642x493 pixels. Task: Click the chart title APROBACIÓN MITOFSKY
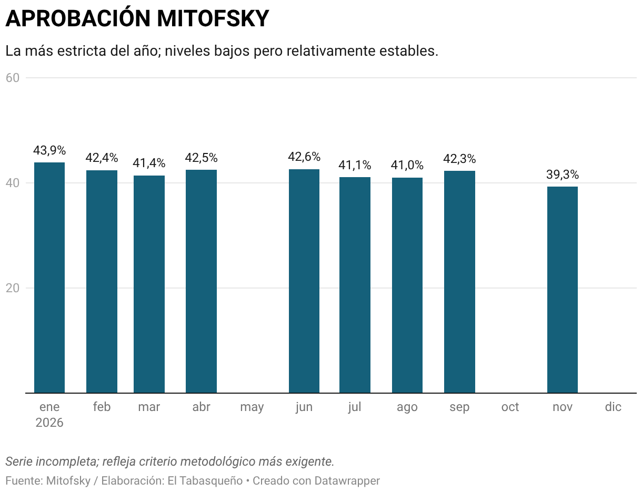[x=137, y=19]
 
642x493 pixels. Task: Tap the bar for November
[x=563, y=290]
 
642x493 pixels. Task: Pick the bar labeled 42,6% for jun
[x=304, y=281]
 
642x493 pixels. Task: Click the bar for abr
[x=201, y=281]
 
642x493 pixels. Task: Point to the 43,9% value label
[x=49, y=151]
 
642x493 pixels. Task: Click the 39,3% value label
[x=563, y=175]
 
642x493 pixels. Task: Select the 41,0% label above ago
[x=407, y=166]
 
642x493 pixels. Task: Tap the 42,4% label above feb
[x=102, y=158]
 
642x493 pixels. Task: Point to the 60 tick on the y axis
[x=13, y=78]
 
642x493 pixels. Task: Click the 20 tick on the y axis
[x=13, y=288]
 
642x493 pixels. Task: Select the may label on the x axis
[x=252, y=407]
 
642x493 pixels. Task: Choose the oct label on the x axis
[x=510, y=407]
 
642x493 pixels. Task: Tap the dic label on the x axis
[x=613, y=407]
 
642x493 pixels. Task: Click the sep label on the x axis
[x=459, y=407]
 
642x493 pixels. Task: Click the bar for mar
[x=149, y=284]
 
